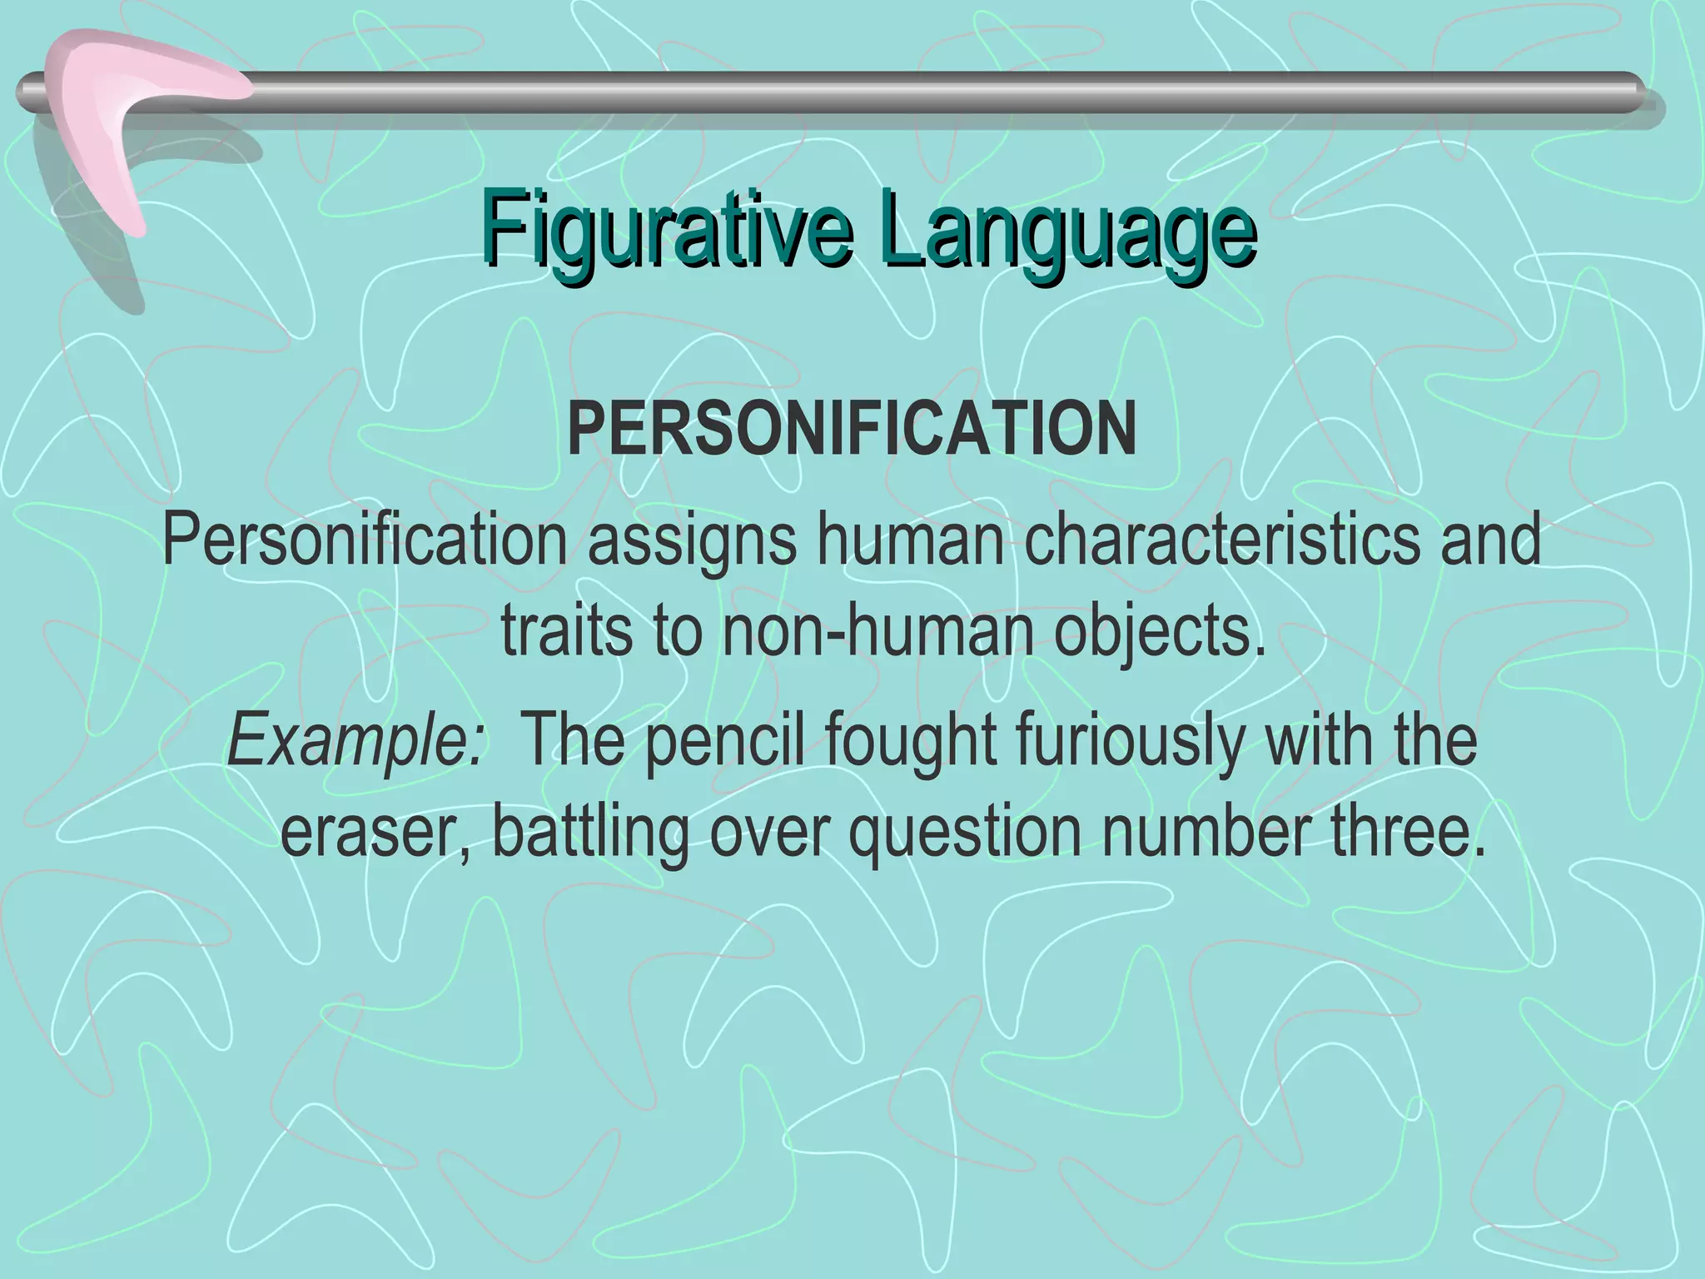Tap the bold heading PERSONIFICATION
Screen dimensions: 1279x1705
(852, 430)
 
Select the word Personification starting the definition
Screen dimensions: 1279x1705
(365, 540)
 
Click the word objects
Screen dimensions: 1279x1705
(1160, 631)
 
